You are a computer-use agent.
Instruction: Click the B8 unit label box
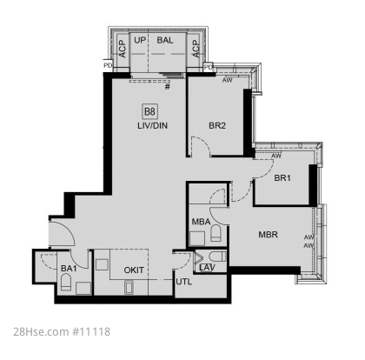click(x=150, y=111)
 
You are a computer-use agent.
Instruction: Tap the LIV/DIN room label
click(x=152, y=126)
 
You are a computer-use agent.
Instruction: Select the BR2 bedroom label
click(x=217, y=125)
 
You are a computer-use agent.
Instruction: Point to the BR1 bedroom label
click(x=282, y=177)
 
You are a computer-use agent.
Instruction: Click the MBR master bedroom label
click(x=268, y=235)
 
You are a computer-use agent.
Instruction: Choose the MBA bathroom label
click(x=201, y=222)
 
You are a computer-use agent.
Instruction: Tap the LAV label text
click(x=207, y=268)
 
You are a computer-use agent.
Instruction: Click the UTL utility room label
click(x=184, y=282)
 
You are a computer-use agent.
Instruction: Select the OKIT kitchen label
click(x=134, y=270)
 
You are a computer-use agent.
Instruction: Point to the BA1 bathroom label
click(x=69, y=269)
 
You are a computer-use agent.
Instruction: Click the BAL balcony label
click(x=165, y=40)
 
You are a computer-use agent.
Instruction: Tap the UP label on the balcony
click(x=140, y=40)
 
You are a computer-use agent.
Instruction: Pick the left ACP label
click(x=123, y=49)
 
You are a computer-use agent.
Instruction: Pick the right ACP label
click(x=196, y=49)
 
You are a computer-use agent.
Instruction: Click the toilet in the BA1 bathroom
click(x=66, y=282)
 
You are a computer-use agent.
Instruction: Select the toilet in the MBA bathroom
click(x=216, y=233)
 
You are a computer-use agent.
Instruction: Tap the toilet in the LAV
click(x=217, y=257)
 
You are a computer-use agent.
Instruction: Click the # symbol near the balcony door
click(x=168, y=86)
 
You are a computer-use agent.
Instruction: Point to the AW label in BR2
click(x=228, y=80)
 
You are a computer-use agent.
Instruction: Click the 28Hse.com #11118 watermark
click(x=62, y=331)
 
